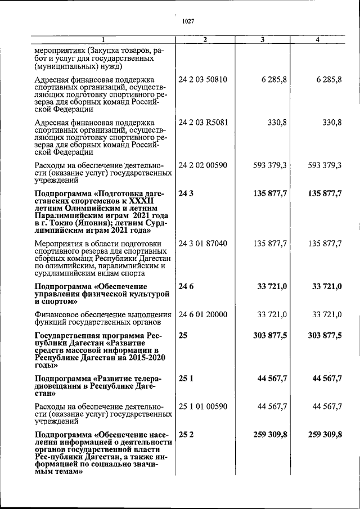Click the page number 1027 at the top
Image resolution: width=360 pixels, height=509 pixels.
(188, 21)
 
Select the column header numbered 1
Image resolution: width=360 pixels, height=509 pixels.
(103, 39)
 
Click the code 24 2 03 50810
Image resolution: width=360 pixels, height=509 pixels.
(203, 79)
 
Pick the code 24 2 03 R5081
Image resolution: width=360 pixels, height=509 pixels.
(203, 122)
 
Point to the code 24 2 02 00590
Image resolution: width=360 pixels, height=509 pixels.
(203, 165)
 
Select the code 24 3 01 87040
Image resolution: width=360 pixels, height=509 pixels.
(203, 244)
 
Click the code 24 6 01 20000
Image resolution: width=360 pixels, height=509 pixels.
(203, 313)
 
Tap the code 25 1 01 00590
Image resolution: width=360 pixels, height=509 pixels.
(203, 406)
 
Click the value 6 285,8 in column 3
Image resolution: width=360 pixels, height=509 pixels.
(274, 79)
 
